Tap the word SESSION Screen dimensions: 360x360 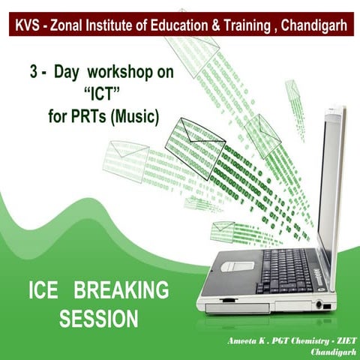(x=98, y=318)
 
